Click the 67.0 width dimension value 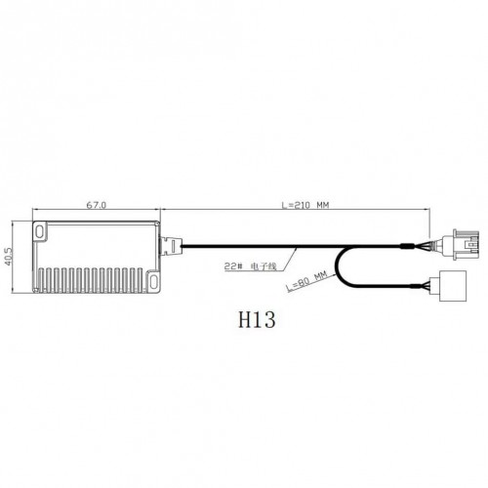pyautogui.click(x=96, y=205)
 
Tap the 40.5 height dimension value pyautogui.click(x=8, y=257)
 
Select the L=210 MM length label pyautogui.click(x=305, y=205)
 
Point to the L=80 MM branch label pyautogui.click(x=306, y=282)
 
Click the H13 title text pyautogui.click(x=257, y=319)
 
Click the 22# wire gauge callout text pyautogui.click(x=233, y=266)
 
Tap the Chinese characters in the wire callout pyautogui.click(x=264, y=266)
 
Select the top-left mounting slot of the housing pyautogui.click(x=40, y=231)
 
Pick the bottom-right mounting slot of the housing pyautogui.click(x=153, y=279)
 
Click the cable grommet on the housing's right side pyautogui.click(x=171, y=246)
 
